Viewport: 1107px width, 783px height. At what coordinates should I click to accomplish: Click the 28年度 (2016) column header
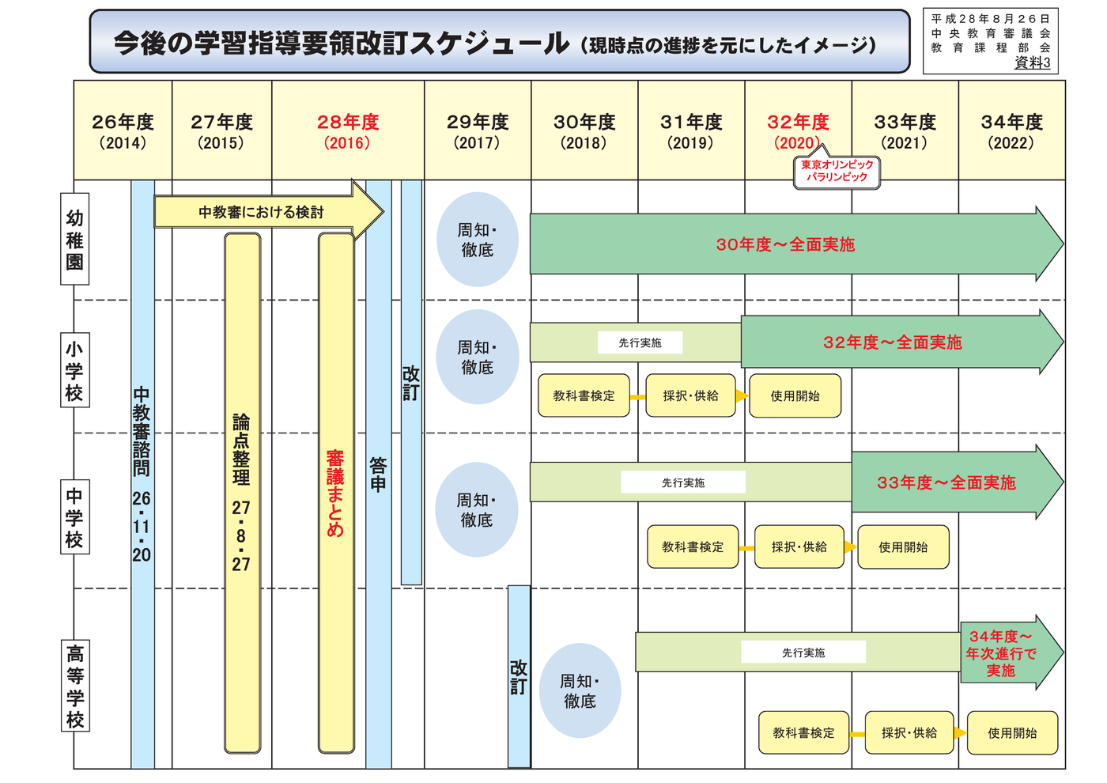[348, 130]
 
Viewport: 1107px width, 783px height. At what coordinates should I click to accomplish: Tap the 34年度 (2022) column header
[1011, 130]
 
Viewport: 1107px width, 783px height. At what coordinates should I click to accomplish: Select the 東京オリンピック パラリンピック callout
[837, 171]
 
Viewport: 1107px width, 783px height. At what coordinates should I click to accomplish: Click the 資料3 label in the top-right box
[1032, 62]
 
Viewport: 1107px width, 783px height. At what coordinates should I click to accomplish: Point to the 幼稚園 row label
[74, 239]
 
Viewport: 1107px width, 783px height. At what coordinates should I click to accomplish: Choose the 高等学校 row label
[75, 685]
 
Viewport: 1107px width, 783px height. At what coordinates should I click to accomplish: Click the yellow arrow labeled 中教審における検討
[269, 212]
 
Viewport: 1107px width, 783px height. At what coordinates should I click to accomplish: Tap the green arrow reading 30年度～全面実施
[797, 244]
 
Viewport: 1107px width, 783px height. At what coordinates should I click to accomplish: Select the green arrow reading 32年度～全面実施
[902, 342]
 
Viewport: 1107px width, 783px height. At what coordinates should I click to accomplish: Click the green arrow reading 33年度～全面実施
[958, 482]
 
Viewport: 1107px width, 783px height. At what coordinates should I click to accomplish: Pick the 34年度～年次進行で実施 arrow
[1011, 652]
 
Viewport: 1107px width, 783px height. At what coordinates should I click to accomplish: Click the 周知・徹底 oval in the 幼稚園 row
[478, 240]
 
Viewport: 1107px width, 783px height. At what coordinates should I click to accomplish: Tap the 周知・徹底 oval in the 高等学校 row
[580, 690]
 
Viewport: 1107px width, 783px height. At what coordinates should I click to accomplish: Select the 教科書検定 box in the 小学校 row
[584, 395]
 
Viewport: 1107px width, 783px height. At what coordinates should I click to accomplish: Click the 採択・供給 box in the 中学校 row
[799, 547]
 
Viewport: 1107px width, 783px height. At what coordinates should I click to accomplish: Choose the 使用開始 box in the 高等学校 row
[1012, 732]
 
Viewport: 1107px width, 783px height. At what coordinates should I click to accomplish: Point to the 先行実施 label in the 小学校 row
[640, 342]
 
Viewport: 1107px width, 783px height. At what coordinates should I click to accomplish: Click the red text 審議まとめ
[335, 494]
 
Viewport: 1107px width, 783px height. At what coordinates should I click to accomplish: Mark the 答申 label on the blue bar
[378, 475]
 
